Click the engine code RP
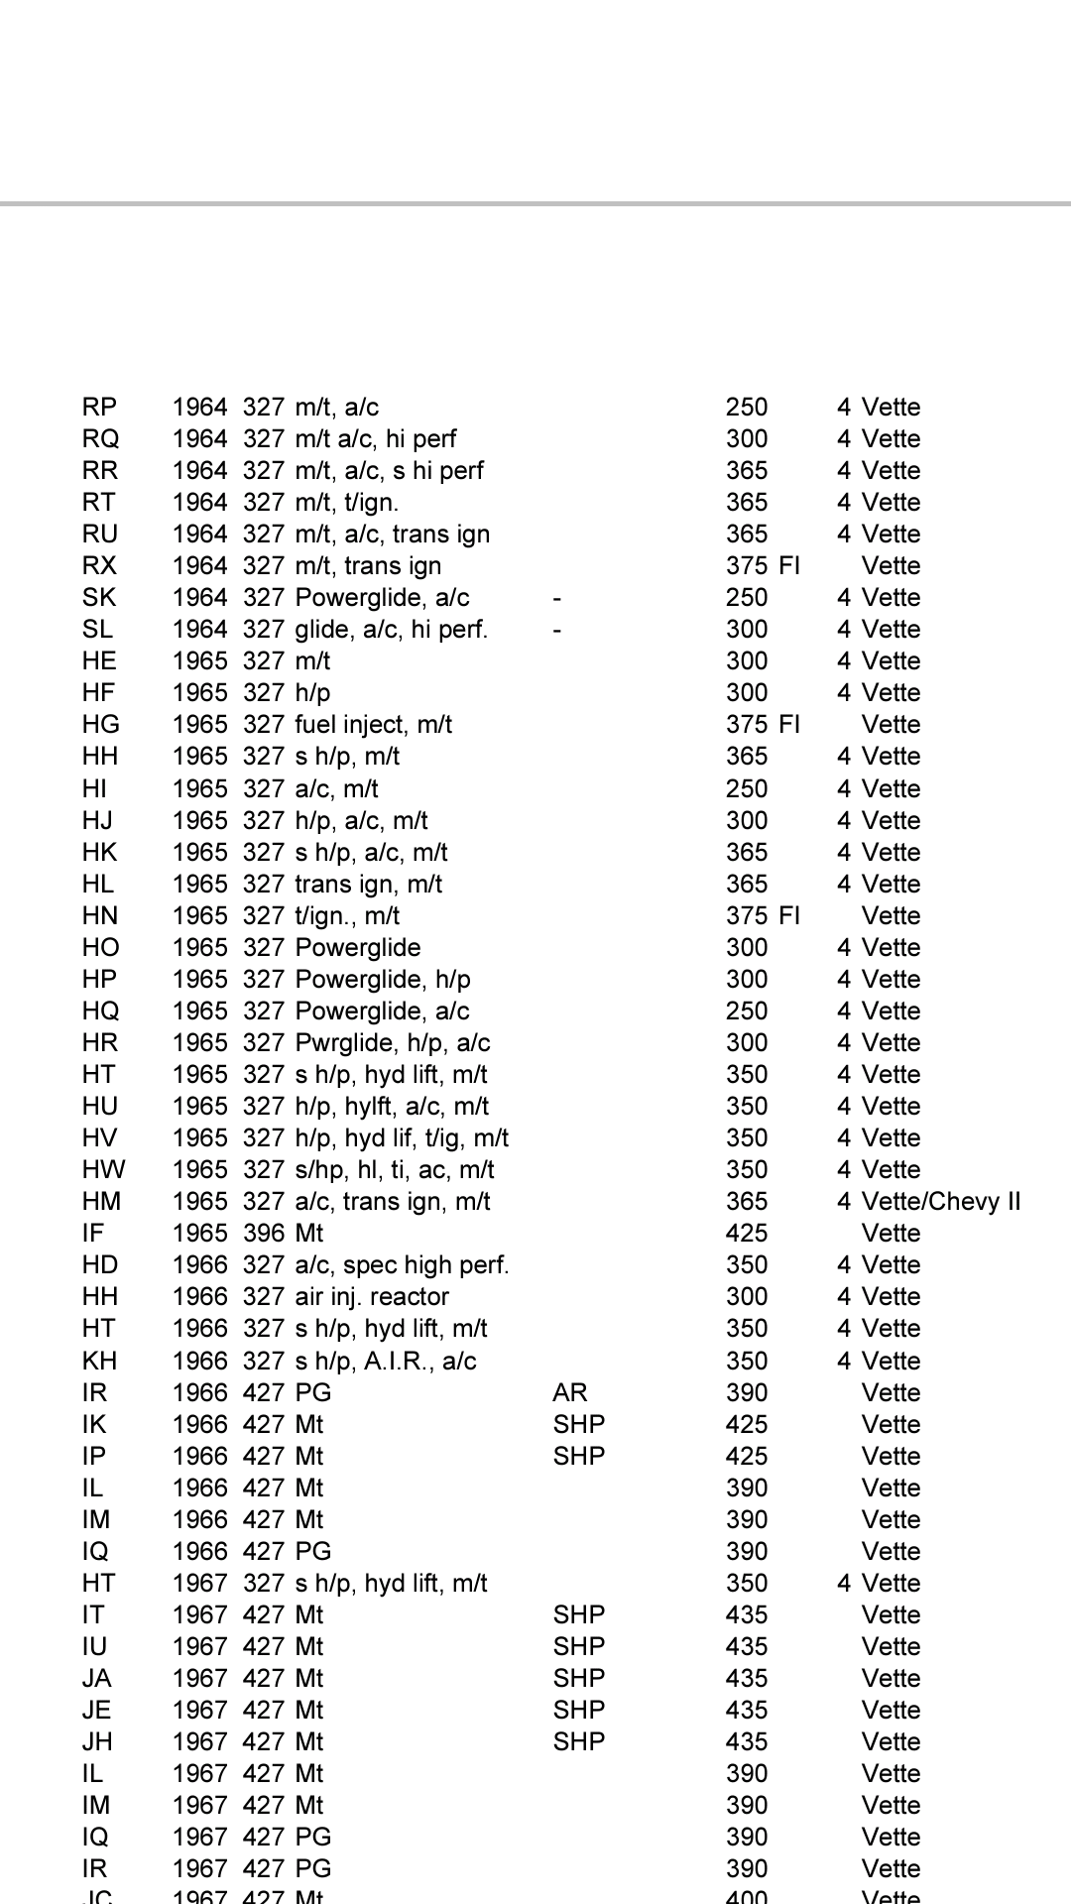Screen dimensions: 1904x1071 point(99,408)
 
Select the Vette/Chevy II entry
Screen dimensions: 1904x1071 point(940,1202)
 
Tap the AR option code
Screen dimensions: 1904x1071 point(570,1392)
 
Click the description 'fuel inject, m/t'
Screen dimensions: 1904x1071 point(373,725)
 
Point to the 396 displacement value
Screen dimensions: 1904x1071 point(264,1234)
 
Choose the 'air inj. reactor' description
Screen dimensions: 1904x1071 point(372,1297)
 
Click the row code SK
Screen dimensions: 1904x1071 point(99,598)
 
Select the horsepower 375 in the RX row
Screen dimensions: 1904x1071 point(747,566)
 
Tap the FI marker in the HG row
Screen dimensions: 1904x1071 point(789,725)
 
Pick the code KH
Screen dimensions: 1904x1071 point(99,1361)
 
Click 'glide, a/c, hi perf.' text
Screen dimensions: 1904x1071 point(391,630)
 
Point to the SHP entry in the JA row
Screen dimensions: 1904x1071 point(579,1678)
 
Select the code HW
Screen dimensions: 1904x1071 point(103,1170)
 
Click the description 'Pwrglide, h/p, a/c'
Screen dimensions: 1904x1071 point(393,1043)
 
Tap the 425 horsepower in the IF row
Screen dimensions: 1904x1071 point(747,1234)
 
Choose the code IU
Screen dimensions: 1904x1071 point(95,1646)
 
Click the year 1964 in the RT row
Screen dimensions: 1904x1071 point(200,503)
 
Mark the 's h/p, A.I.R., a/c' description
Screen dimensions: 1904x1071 point(386,1361)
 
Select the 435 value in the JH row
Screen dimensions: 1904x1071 point(747,1741)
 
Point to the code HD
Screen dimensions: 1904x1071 point(100,1265)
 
